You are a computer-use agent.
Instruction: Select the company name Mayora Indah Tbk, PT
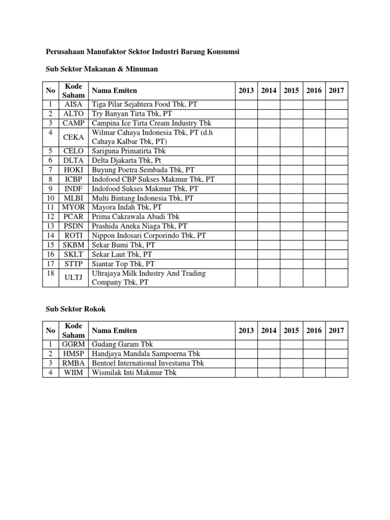coord(126,207)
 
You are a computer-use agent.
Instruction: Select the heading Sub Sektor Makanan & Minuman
coord(103,69)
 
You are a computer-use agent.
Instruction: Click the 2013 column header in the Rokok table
coord(246,330)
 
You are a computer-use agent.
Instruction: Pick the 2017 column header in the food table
coord(336,90)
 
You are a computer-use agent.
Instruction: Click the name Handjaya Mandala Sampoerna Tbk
coord(146,353)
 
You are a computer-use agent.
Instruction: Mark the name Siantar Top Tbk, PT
coord(123,264)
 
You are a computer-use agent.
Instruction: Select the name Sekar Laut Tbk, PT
coord(122,254)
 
